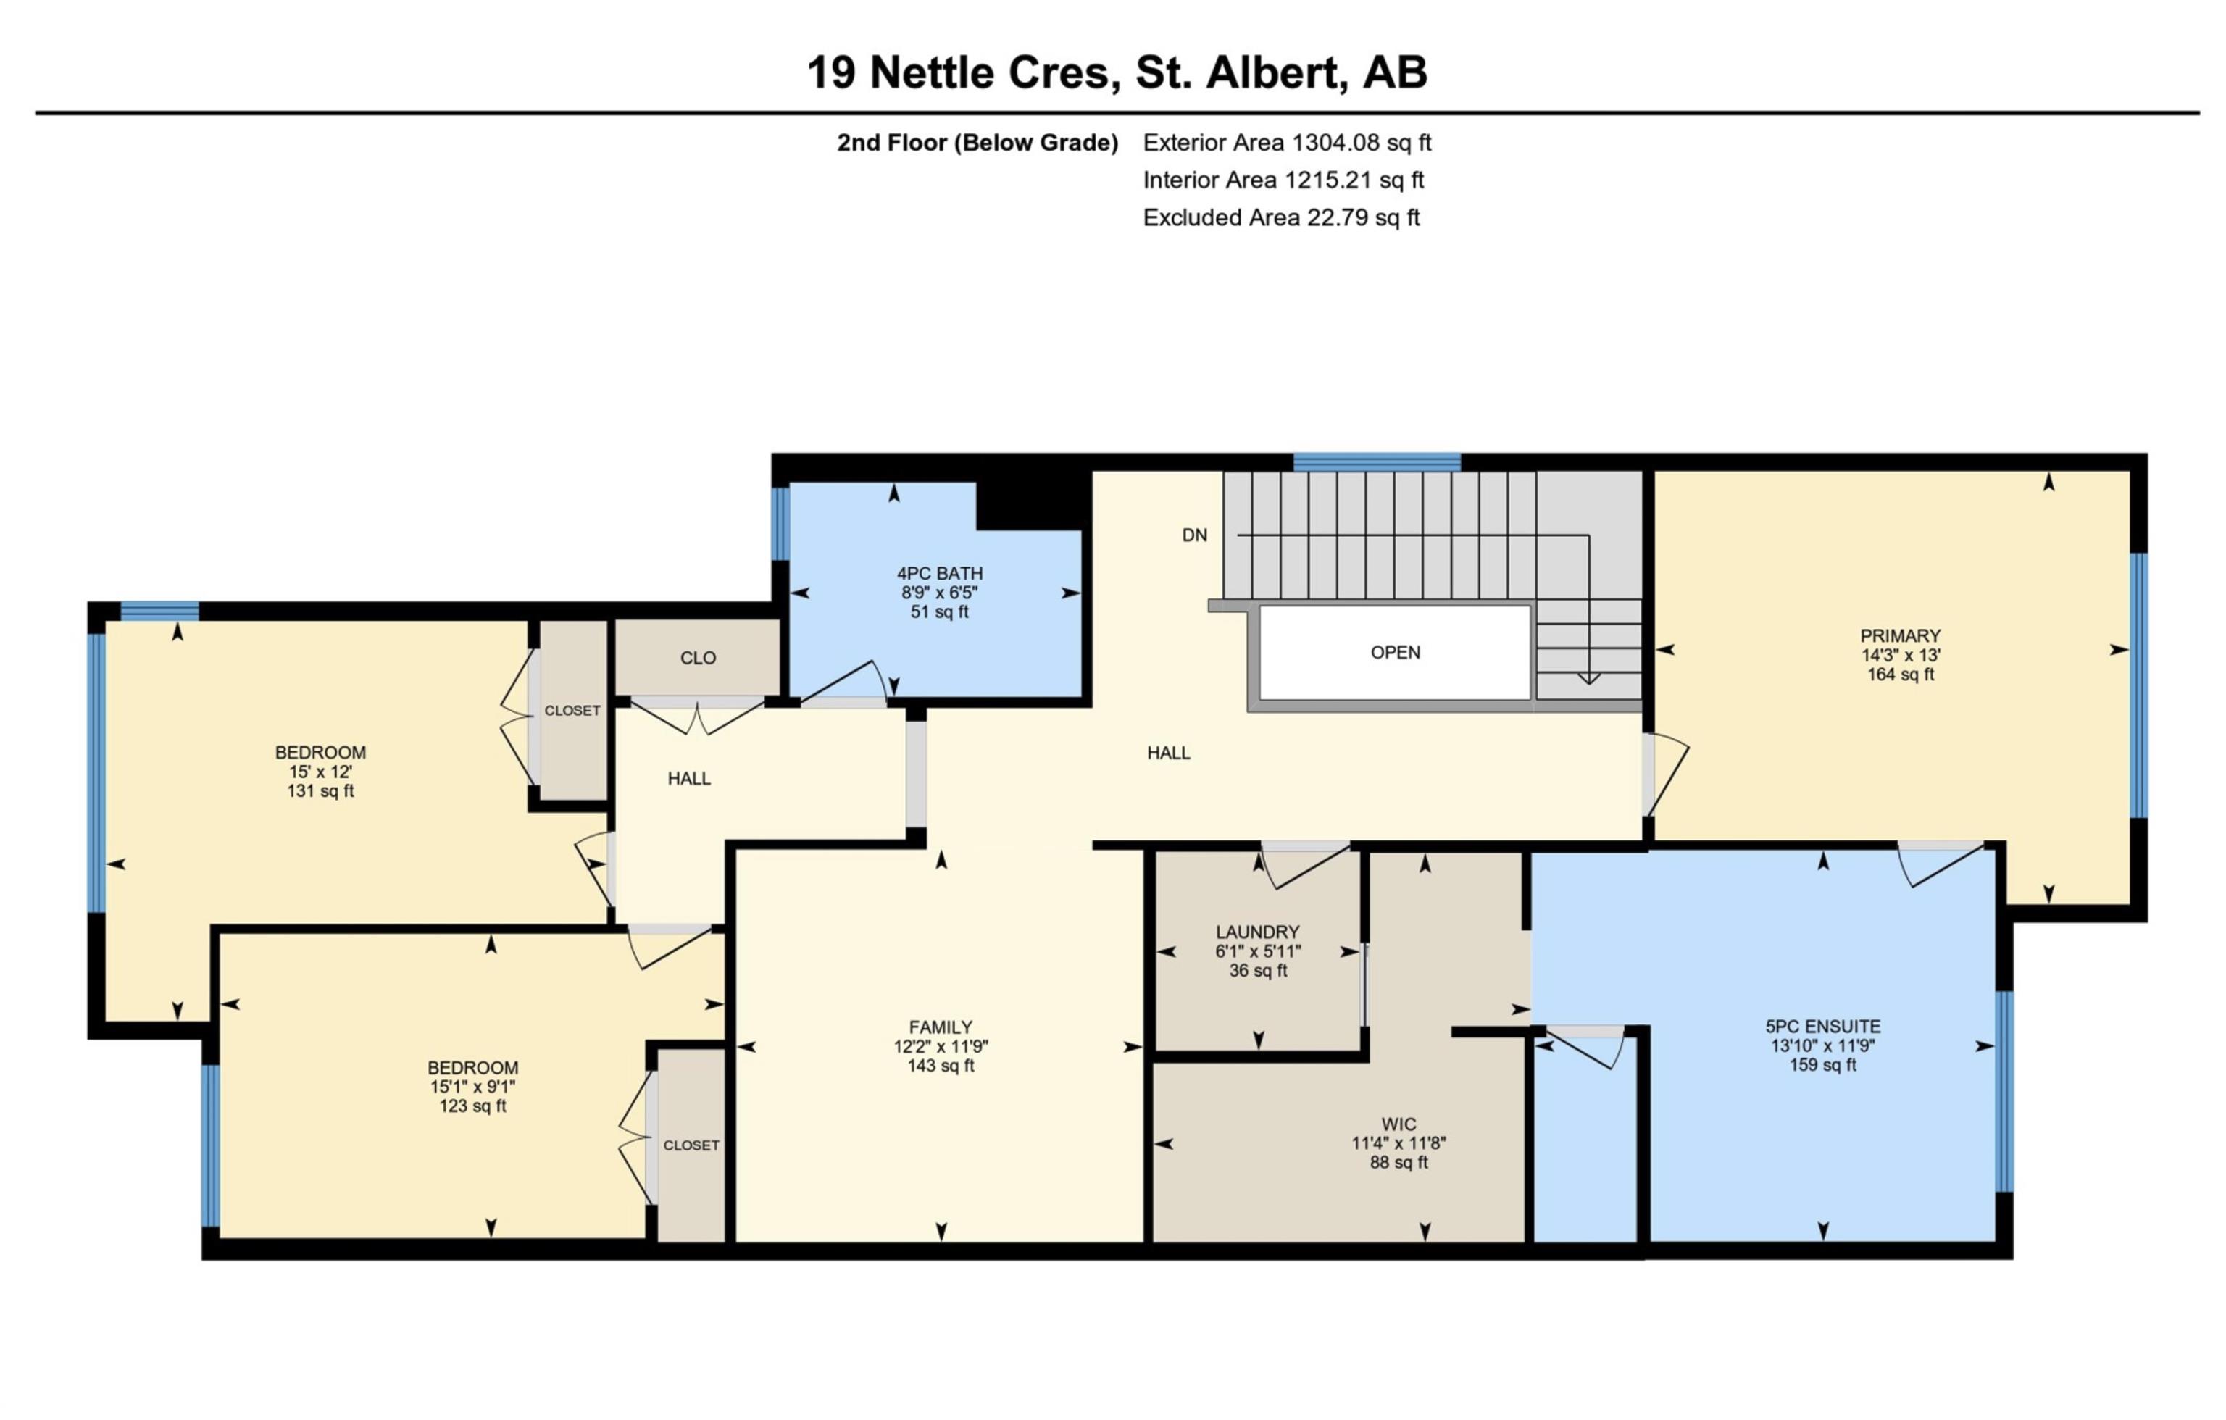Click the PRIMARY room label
pyautogui.click(x=1900, y=636)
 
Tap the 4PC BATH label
pyautogui.click(x=939, y=573)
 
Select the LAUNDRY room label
pyautogui.click(x=1257, y=932)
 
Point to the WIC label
pyautogui.click(x=1398, y=1124)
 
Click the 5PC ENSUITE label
pyautogui.click(x=1822, y=1026)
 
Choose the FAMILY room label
pyautogui.click(x=940, y=1027)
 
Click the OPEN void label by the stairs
pyautogui.click(x=1395, y=653)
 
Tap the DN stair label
pyautogui.click(x=1194, y=535)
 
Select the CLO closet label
pyautogui.click(x=698, y=659)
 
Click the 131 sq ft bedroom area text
pyautogui.click(x=320, y=791)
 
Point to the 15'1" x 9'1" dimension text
pyautogui.click(x=472, y=1087)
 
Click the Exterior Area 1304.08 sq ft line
pyautogui.click(x=1287, y=143)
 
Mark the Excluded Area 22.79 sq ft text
pyautogui.click(x=1280, y=218)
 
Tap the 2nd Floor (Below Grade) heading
pyautogui.click(x=977, y=143)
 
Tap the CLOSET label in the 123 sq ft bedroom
pyautogui.click(x=691, y=1145)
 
